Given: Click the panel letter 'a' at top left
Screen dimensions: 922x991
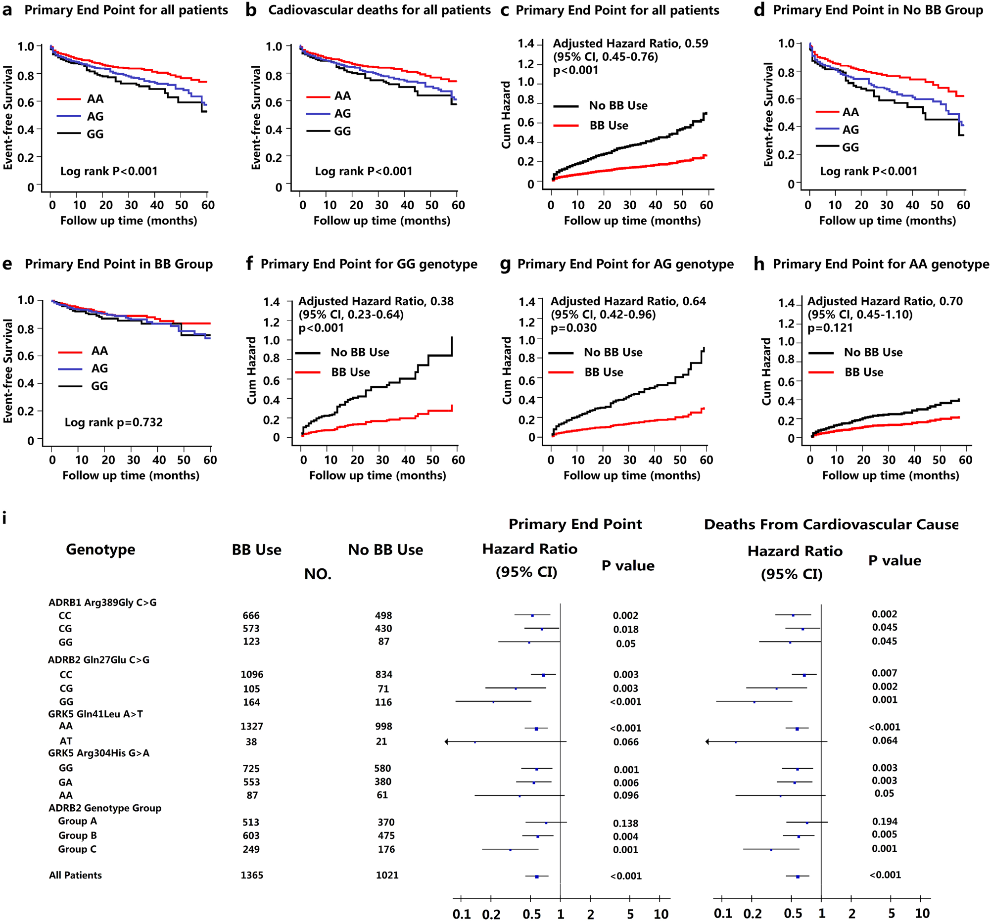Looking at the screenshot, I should [7, 10].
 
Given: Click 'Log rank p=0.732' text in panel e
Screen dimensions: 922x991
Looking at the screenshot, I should [114, 422].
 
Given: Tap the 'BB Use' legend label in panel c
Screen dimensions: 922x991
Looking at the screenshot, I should [609, 126].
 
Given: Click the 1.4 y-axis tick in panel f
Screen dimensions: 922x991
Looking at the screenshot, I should [271, 302].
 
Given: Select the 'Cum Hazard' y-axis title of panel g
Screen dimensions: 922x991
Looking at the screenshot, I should [507, 370].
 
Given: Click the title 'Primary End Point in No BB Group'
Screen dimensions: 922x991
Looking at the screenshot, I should [878, 10].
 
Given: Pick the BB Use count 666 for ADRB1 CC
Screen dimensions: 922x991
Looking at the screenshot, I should [251, 615].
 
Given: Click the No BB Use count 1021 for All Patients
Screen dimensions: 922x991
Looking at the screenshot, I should [387, 875].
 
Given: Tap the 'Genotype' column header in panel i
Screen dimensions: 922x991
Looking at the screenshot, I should [100, 549].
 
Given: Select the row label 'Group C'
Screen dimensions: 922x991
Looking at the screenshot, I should [77, 849].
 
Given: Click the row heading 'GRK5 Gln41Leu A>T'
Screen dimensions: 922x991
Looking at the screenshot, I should [95, 714].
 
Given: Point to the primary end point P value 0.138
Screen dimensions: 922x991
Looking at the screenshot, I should [625, 824].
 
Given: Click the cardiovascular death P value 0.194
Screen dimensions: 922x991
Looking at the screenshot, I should [884, 821].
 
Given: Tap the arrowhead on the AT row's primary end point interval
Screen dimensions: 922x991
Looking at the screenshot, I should [447, 741].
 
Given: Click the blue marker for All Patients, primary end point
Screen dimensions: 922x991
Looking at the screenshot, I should [536, 876].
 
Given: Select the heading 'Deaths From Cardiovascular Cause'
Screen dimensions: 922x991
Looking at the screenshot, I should [831, 524].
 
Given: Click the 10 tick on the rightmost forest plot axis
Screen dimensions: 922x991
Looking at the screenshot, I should [922, 913].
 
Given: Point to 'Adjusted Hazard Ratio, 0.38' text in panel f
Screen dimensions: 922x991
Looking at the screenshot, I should [376, 301].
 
